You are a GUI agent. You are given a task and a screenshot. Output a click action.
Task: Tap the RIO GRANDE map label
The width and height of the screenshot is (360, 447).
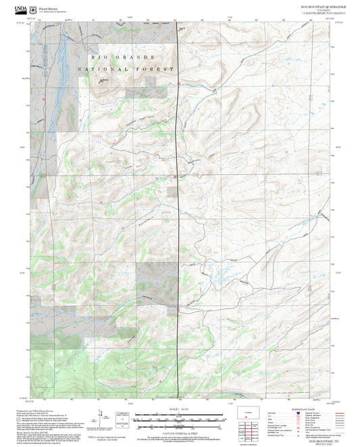click(x=118, y=57)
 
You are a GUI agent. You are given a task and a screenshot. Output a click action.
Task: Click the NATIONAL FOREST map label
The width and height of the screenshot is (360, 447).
click(x=126, y=69)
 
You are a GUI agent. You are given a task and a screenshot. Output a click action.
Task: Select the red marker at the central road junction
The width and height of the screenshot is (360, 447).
click(x=176, y=177)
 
